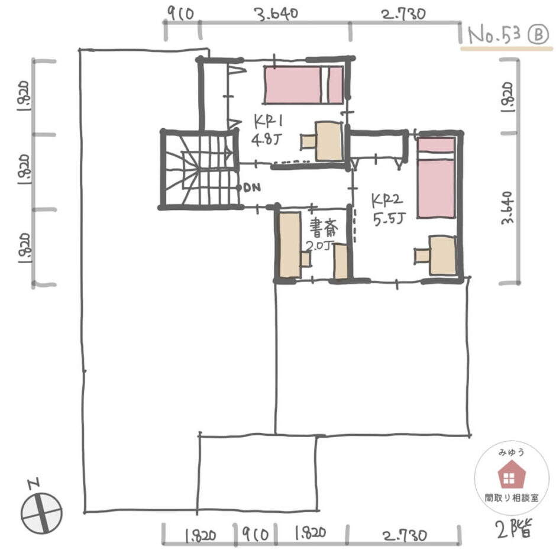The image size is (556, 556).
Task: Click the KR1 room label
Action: pyautogui.click(x=269, y=122)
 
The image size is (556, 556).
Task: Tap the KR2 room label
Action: pyautogui.click(x=387, y=201)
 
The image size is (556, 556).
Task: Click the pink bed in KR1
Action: pyautogui.click(x=304, y=85)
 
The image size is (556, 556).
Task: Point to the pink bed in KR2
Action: pyautogui.click(x=436, y=177)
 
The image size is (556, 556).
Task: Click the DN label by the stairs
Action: pyautogui.click(x=253, y=188)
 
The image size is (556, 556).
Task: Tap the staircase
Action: pyautogui.click(x=200, y=170)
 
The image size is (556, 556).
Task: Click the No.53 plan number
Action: pyautogui.click(x=494, y=35)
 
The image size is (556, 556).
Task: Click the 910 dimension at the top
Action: pyautogui.click(x=180, y=14)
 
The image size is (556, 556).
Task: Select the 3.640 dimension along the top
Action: pyautogui.click(x=276, y=14)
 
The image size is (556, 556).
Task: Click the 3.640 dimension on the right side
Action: pyautogui.click(x=507, y=208)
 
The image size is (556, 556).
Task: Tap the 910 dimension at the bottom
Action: pyautogui.click(x=256, y=534)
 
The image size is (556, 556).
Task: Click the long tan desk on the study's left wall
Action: pyautogui.click(x=290, y=245)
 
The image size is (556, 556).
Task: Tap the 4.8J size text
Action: pyautogui.click(x=266, y=139)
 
